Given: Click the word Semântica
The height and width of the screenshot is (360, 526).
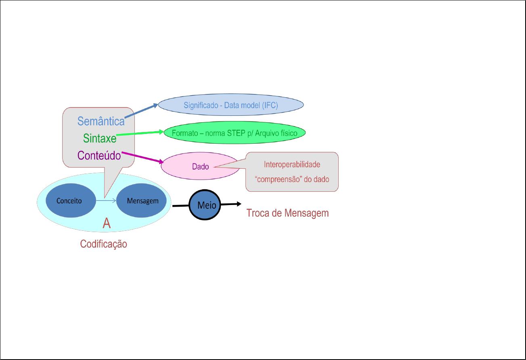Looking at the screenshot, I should coord(101,121).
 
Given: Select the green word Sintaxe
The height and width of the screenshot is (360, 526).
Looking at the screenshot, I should coord(100,138).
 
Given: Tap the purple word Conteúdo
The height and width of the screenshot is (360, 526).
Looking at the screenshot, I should coord(99,155).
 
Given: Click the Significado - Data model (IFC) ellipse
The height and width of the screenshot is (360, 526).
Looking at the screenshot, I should coord(231,105).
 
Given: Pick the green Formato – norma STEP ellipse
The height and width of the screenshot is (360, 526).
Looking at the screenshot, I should coord(234,132).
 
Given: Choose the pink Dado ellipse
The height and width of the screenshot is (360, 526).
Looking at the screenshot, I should coord(200,166).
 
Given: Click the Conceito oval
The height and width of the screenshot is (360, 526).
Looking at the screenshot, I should coord(69,201).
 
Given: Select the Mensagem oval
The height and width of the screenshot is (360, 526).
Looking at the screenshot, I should coord(142,201).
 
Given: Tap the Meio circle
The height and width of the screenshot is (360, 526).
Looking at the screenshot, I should coord(207,205).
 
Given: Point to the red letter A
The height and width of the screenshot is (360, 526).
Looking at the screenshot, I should coord(107,223).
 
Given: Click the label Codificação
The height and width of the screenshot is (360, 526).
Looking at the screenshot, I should coord(103,244).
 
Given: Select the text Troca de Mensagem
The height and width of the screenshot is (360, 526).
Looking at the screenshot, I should coord(287,213).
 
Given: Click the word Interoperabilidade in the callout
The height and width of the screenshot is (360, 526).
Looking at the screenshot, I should coord(292,165).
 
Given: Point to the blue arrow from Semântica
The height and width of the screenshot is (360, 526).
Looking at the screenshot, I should coord(141,111).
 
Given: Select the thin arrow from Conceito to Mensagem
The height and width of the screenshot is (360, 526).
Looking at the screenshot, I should coord(106,201).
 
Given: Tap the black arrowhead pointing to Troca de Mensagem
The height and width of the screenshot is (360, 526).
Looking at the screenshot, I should coord(239,204).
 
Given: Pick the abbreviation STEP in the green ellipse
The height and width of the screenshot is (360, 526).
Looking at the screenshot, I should coord(237,132).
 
